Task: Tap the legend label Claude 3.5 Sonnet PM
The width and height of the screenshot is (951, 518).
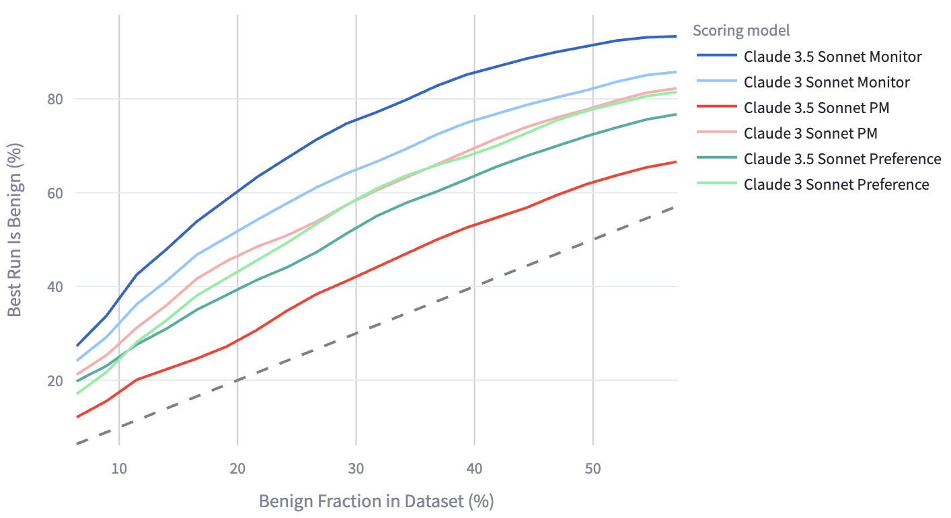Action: (x=816, y=108)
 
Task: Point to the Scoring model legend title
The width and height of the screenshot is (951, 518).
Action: (x=741, y=30)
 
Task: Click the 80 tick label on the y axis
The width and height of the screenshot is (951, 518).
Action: (x=54, y=99)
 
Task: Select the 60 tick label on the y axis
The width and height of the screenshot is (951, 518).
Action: (x=54, y=193)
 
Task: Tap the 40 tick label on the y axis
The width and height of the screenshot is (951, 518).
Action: (x=54, y=287)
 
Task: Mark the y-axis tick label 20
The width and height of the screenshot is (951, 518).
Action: (x=54, y=381)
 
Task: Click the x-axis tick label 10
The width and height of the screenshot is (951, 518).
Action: (x=119, y=468)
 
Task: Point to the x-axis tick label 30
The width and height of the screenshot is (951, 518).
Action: (x=356, y=468)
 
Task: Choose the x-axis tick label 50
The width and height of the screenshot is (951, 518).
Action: (x=593, y=468)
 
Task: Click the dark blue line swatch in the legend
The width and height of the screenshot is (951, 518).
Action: (x=717, y=55)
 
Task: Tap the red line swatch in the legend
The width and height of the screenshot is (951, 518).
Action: (x=717, y=106)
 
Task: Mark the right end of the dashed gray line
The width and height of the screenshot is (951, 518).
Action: (x=676, y=207)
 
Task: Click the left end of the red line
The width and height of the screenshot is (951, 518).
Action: (x=77, y=417)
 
